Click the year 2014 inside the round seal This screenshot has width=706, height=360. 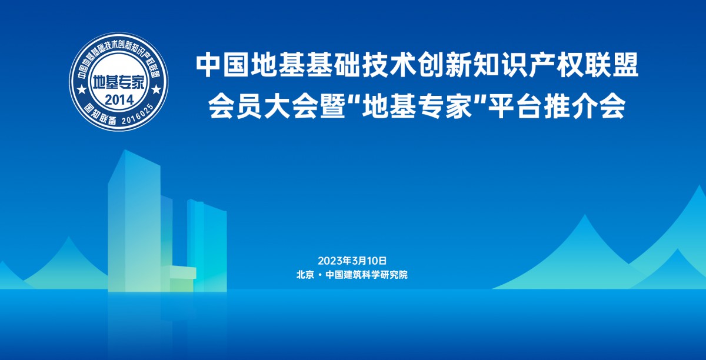coord(119,100)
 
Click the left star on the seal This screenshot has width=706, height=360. coord(82,89)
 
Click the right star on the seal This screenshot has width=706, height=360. coord(156,89)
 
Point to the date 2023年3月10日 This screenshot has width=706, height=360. coord(352,261)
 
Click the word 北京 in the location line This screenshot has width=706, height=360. coord(305,275)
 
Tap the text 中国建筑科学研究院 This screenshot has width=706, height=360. coord(367,275)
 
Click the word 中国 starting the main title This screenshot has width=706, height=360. coord(222,65)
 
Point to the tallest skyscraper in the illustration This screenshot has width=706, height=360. coord(135,221)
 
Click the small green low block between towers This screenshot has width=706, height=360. coord(178,278)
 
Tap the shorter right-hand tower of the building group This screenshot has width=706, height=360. coord(207,245)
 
